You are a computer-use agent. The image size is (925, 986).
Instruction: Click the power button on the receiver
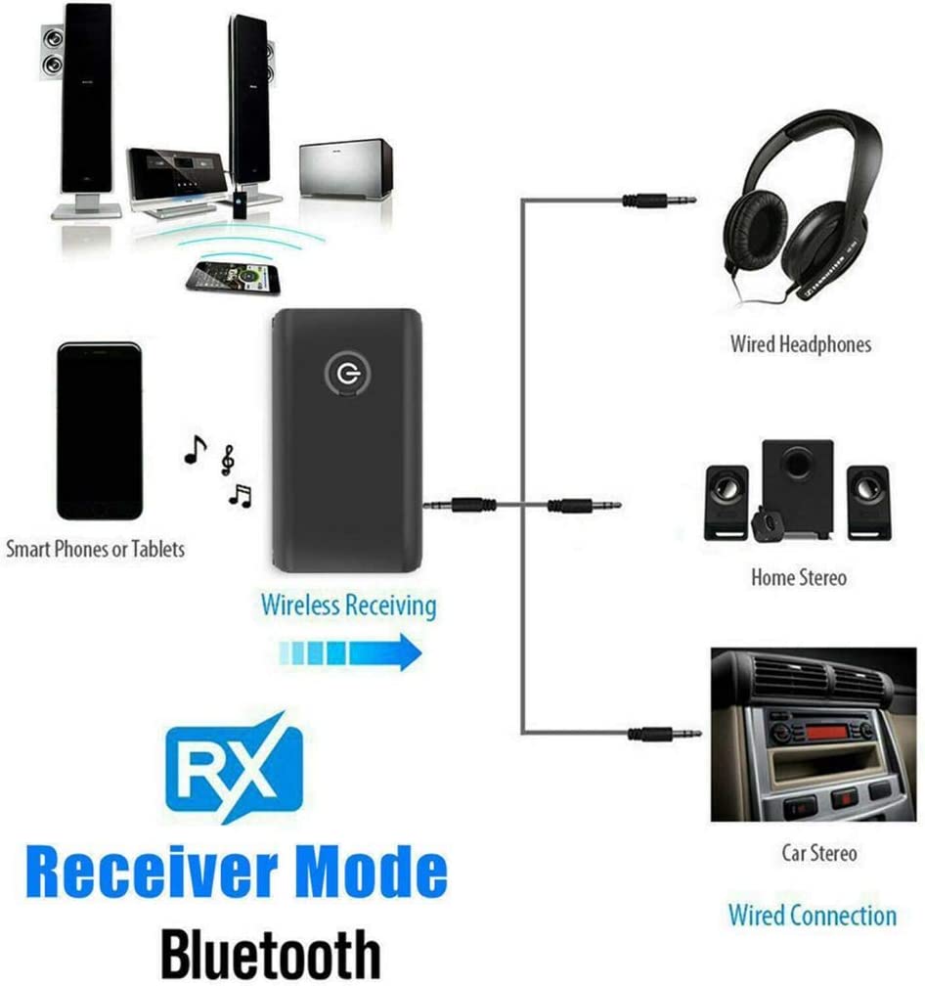(347, 374)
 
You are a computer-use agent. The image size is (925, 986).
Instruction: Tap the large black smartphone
(100, 431)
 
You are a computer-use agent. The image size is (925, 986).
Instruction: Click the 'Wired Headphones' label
(801, 344)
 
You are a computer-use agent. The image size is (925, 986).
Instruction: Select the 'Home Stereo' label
(799, 577)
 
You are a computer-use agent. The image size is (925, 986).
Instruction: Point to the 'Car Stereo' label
(818, 853)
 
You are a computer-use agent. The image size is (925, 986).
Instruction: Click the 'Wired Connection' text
(813, 915)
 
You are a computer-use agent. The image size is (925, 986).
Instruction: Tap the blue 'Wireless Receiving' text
(349, 605)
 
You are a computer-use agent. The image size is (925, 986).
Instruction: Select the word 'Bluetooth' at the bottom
(271, 954)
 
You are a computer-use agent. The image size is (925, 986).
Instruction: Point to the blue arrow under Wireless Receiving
(350, 652)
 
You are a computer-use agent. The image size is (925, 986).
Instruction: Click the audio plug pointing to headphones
(659, 201)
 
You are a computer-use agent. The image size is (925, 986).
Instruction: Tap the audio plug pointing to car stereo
(664, 734)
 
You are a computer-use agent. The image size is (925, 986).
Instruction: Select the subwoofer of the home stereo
(798, 488)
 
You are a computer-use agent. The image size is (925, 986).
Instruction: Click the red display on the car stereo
(825, 732)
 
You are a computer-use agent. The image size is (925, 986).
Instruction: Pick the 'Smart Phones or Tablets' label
(96, 549)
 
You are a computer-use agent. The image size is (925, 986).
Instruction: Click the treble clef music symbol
(228, 461)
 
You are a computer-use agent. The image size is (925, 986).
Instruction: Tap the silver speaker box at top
(346, 170)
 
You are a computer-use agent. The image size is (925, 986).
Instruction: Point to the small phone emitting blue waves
(234, 278)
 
